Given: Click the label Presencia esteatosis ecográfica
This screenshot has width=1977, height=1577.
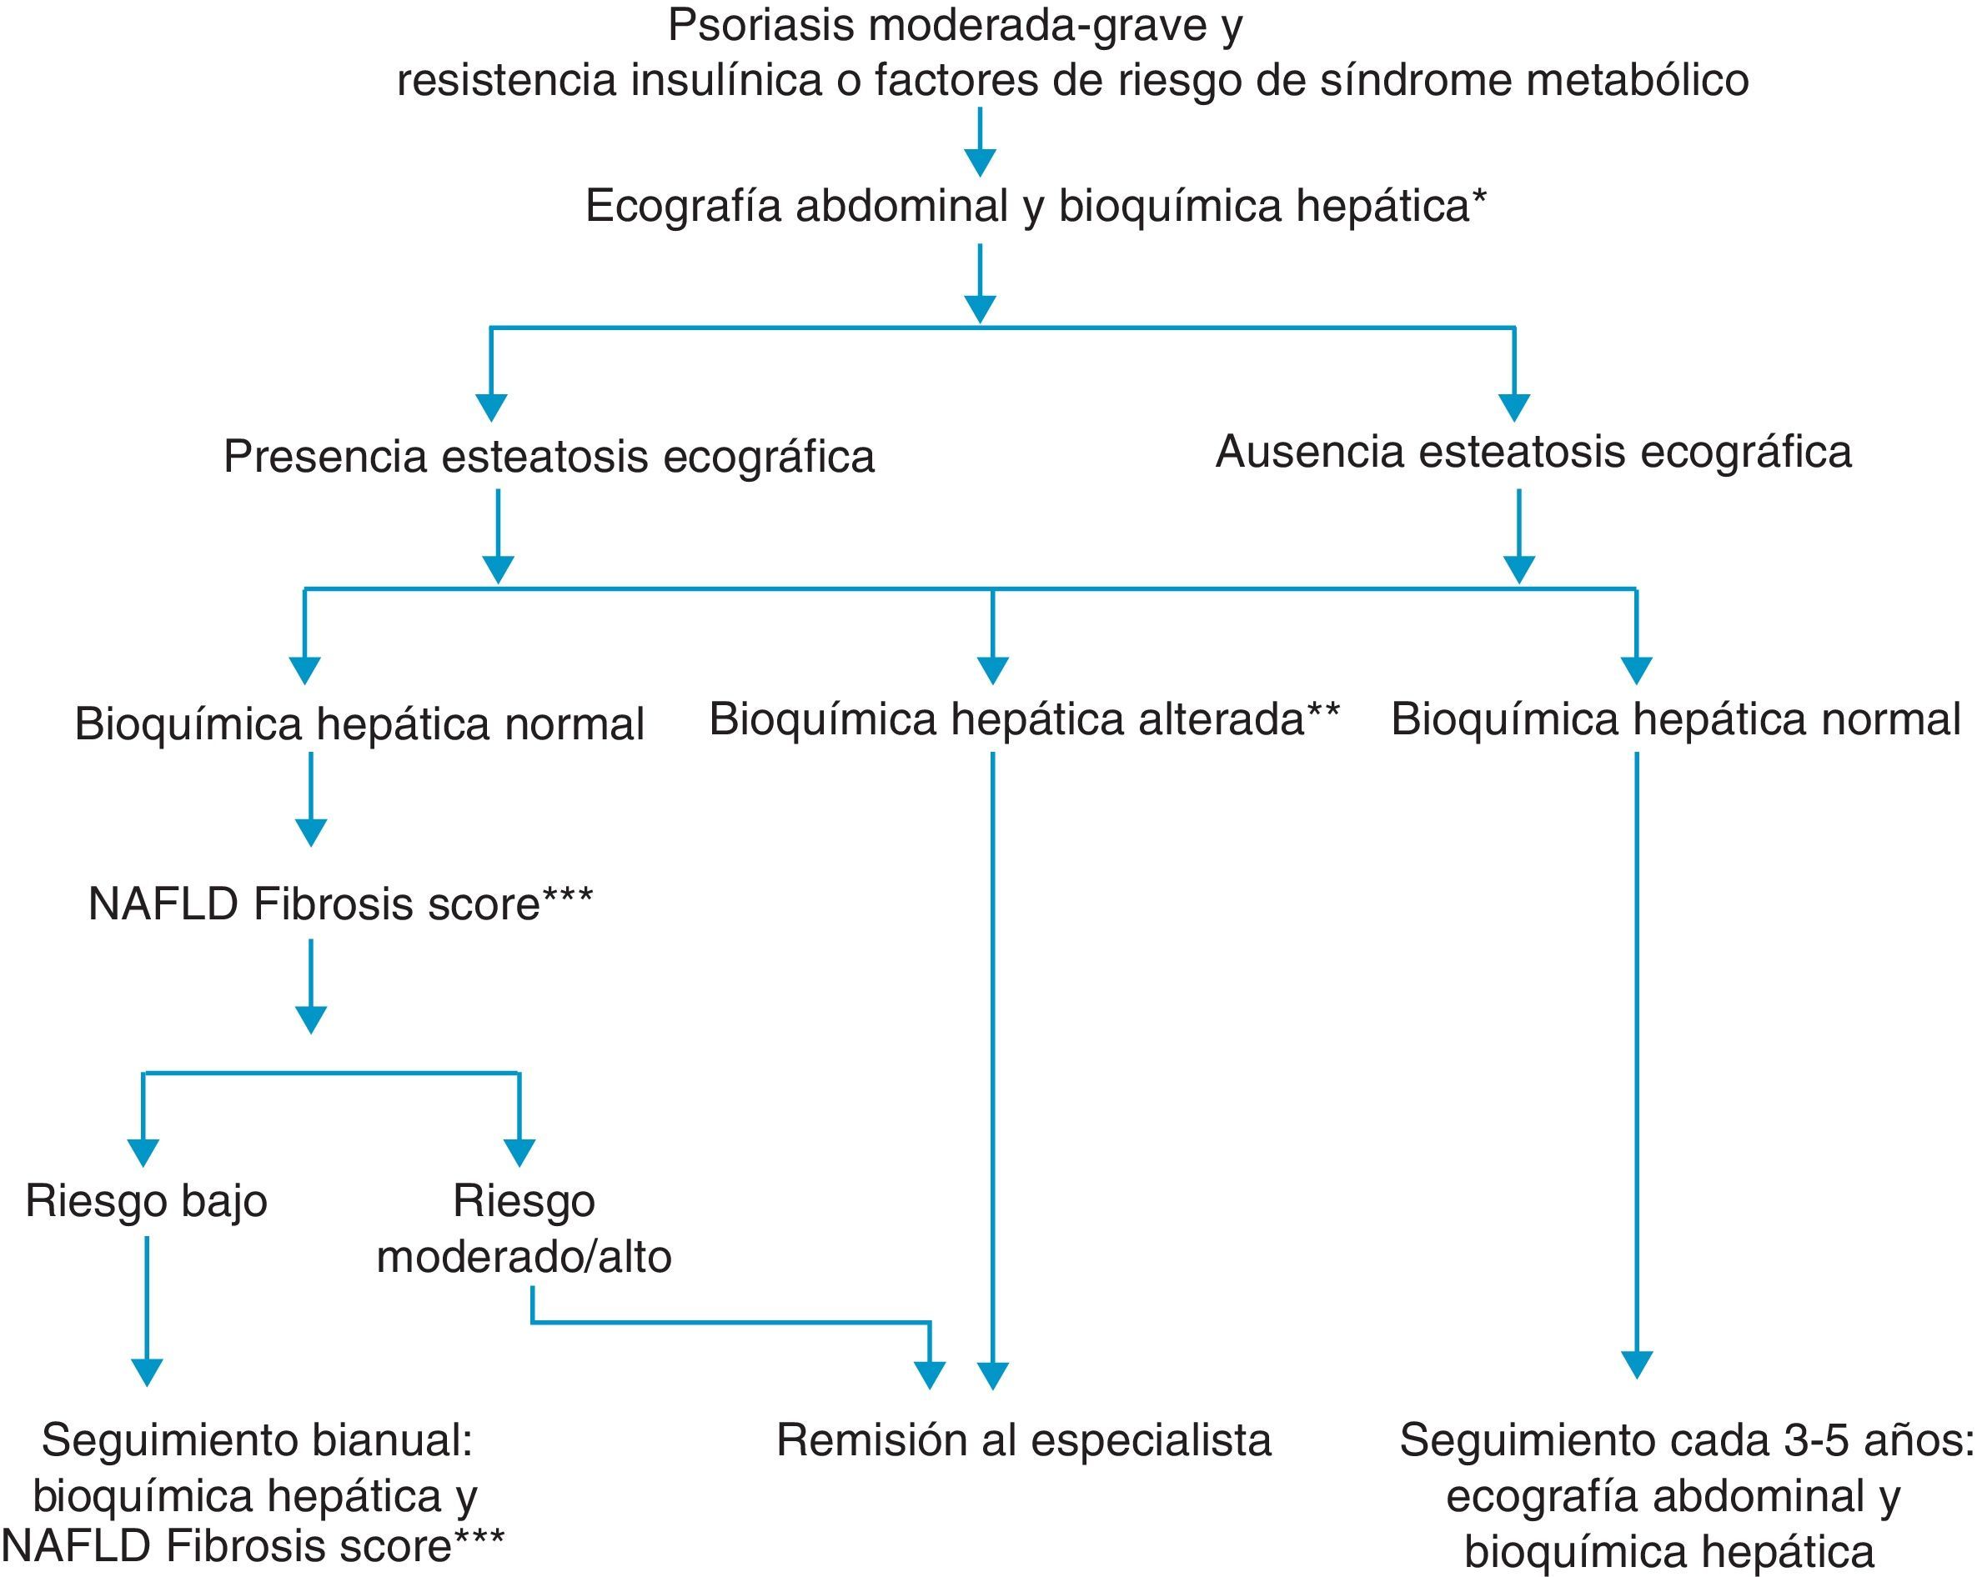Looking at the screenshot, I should (549, 457).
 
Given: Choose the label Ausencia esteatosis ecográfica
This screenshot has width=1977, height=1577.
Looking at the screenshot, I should (1533, 452).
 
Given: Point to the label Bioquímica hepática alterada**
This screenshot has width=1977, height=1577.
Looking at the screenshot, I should (1024, 720).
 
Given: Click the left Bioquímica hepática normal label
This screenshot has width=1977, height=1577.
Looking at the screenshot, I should (359, 724).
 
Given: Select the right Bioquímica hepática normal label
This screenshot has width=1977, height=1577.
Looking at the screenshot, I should (1675, 720).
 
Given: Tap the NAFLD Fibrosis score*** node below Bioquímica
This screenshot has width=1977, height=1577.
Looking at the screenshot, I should (340, 905).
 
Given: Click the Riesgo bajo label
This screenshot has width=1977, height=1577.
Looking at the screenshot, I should (146, 1201).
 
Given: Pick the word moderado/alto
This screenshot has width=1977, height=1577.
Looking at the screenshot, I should (524, 1257).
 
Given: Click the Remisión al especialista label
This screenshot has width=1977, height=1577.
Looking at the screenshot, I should (1023, 1440).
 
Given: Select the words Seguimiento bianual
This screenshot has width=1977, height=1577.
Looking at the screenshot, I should (257, 1440).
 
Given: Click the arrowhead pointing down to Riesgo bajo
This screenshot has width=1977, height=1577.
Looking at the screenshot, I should (143, 1153).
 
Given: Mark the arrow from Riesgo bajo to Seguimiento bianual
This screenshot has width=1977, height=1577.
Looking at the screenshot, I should (147, 1311).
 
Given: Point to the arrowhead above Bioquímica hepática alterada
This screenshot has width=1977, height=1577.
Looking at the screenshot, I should (992, 670).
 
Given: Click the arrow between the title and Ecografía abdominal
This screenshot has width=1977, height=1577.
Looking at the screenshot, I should (981, 142).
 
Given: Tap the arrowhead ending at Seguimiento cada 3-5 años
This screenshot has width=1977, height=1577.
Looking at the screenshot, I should (1637, 1365).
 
